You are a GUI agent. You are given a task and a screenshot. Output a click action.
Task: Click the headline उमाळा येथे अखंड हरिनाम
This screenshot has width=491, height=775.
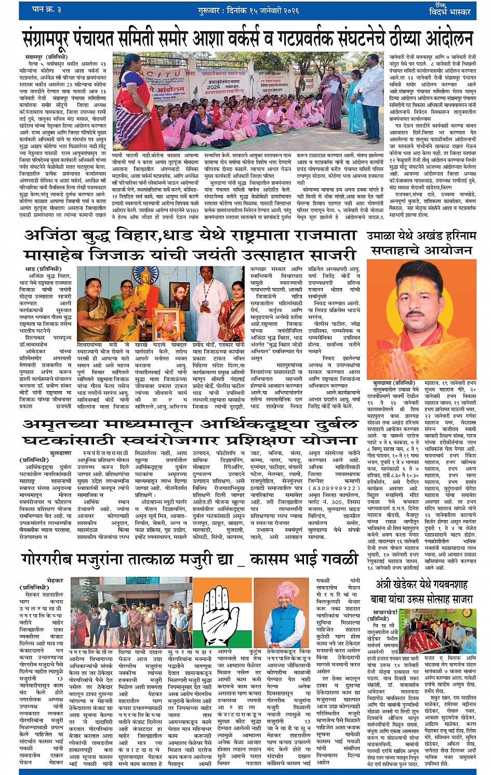pos(421,236)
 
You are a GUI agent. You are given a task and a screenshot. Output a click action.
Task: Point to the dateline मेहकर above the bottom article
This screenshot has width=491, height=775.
pos(55,580)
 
